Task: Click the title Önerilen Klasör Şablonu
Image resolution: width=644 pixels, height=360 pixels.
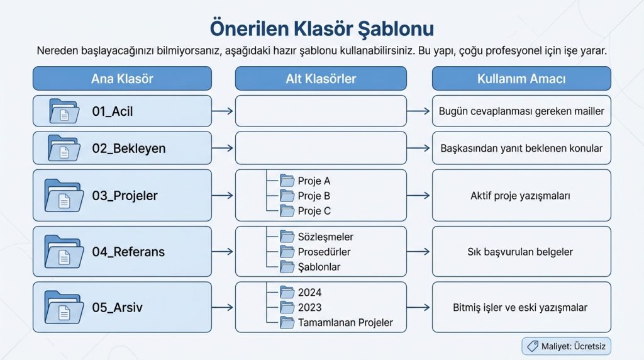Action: click(x=321, y=29)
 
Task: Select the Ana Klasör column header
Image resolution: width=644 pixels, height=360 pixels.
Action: click(x=122, y=79)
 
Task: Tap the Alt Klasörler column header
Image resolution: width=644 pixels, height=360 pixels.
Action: click(x=321, y=79)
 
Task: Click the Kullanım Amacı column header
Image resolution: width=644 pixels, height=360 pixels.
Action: click(x=521, y=79)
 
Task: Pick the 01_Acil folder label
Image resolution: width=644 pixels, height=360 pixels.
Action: click(x=113, y=111)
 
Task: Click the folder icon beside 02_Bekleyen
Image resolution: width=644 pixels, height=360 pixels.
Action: click(x=64, y=149)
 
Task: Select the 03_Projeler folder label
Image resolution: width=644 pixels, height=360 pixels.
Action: click(x=125, y=196)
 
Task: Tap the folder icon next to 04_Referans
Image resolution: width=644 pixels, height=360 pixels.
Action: click(x=64, y=252)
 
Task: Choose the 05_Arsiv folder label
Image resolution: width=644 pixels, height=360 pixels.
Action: click(x=117, y=308)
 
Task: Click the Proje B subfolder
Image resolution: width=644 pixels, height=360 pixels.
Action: click(x=314, y=196)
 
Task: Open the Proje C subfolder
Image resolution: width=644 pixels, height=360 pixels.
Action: click(x=314, y=211)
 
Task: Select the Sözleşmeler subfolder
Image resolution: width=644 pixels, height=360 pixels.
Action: click(x=325, y=237)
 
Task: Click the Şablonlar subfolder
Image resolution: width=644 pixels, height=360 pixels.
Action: click(x=319, y=267)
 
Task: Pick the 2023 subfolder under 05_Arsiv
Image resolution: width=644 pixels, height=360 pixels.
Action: click(x=309, y=307)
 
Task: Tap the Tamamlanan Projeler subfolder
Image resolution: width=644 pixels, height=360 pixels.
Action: click(x=345, y=322)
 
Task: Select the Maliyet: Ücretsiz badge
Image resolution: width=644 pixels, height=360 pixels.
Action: click(x=566, y=346)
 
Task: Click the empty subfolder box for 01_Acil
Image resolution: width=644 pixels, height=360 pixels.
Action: click(x=321, y=111)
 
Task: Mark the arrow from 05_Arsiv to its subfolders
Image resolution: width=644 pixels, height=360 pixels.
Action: click(x=223, y=308)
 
